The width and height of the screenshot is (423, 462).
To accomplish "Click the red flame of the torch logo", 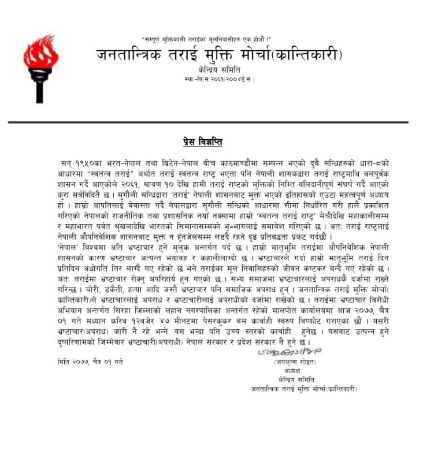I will coord(40,53).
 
